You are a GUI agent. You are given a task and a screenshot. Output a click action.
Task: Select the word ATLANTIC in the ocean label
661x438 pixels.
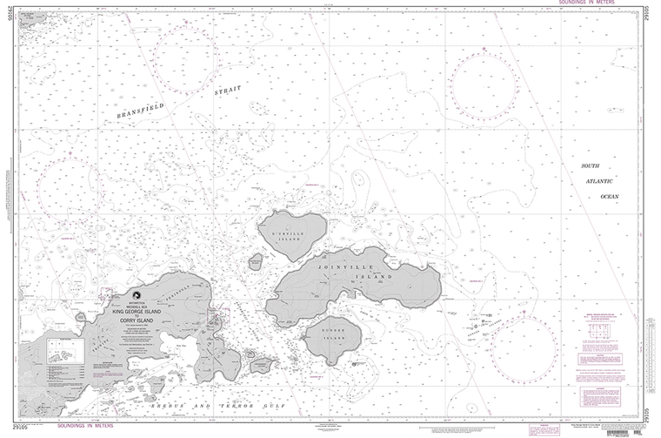click(x=598, y=180)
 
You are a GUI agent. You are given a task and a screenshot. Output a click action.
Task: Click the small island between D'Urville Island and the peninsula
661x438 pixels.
click(x=257, y=260)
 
